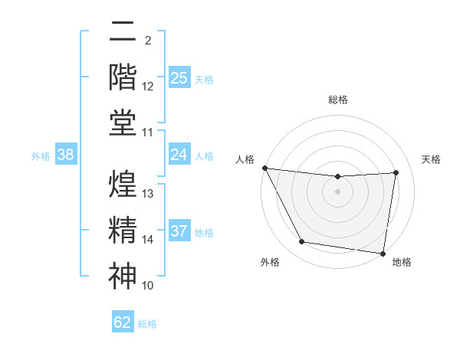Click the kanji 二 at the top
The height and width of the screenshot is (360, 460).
tap(123, 32)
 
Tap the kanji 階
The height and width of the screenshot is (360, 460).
tap(123, 78)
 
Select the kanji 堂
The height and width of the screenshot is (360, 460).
tap(123, 123)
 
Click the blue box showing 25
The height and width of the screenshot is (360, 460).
tap(179, 78)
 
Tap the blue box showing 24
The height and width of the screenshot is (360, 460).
tap(179, 155)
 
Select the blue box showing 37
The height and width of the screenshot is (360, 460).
tap(179, 231)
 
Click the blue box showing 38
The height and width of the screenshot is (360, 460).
tap(66, 155)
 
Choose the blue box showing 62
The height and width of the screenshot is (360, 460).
tap(123, 322)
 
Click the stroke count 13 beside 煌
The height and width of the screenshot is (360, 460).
tap(149, 194)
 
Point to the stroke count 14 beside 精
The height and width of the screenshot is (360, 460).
tap(149, 240)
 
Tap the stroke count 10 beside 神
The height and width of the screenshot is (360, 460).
tap(149, 286)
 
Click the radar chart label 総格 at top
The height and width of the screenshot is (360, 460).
tap(338, 100)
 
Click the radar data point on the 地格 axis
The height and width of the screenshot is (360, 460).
tap(383, 253)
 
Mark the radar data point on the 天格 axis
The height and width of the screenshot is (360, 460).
tap(396, 172)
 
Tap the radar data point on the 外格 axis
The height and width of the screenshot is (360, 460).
tap(301, 242)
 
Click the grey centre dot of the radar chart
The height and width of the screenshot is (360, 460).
tap(338, 191)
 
